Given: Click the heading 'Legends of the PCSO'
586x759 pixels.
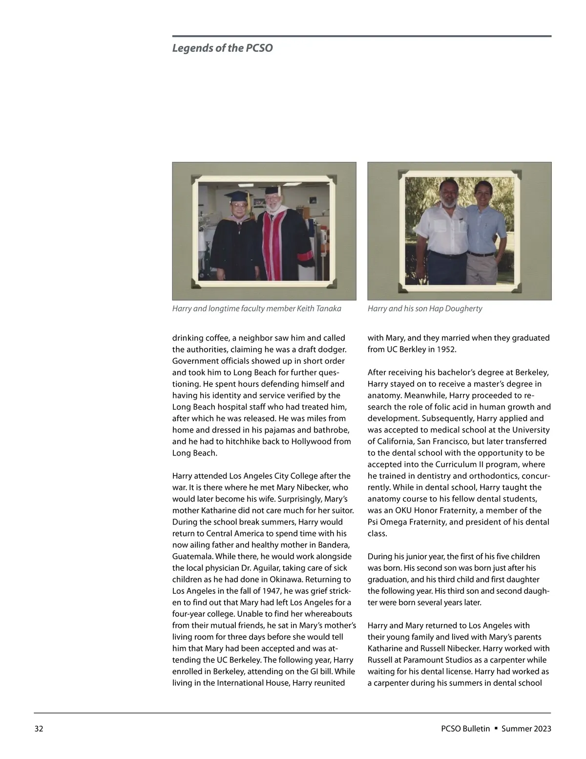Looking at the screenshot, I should (x=222, y=48).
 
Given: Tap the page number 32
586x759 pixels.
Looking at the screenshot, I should (x=39, y=729).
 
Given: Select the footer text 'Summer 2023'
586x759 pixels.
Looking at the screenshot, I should (x=526, y=729).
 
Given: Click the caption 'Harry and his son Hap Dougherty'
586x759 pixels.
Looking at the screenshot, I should (x=424, y=308).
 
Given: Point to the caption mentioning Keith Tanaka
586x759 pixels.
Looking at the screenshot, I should (x=256, y=308).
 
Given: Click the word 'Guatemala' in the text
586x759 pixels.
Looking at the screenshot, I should (x=192, y=556).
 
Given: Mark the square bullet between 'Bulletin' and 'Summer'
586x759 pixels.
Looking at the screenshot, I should (x=496, y=728).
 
